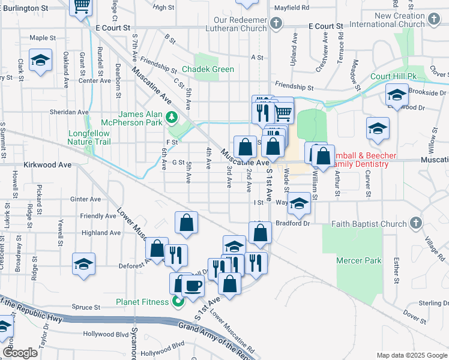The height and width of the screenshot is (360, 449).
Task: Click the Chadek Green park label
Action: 208,69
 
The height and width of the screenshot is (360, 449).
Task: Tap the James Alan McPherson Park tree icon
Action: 172,116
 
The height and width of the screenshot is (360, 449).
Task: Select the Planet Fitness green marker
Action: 177,301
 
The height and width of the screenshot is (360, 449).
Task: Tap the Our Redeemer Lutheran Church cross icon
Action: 276,24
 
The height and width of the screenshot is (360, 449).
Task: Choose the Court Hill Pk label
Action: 393,77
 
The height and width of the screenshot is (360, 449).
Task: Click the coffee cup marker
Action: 193,286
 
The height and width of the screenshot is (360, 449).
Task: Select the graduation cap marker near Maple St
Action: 40,61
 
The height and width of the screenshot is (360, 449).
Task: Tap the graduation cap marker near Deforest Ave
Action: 84,264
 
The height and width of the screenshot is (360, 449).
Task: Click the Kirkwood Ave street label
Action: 47,164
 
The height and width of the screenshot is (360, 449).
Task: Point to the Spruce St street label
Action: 85,307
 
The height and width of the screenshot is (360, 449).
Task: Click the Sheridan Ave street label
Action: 69,112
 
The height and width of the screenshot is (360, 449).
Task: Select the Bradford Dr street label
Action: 293,223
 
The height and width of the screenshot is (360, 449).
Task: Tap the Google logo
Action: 20,353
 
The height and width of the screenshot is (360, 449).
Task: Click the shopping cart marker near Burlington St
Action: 81,6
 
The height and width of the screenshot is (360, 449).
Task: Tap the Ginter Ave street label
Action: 86,199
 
